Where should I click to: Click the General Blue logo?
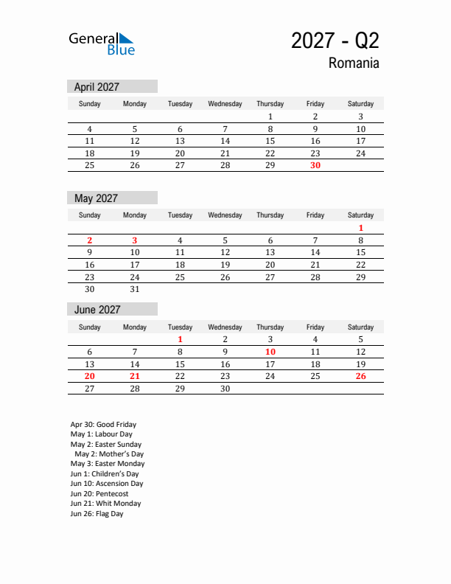102,44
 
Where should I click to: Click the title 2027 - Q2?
335,41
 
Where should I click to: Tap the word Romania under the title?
354,63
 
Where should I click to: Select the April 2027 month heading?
97,87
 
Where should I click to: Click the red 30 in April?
315,166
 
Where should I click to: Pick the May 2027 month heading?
96,198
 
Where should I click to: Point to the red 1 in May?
360,229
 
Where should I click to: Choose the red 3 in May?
135,240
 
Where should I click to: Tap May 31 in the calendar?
135,290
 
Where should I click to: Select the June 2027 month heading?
97,310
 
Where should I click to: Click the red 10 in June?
270,352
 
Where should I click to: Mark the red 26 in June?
360,377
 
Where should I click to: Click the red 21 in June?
135,377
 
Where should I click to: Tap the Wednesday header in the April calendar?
225,104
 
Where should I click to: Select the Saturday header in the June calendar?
360,327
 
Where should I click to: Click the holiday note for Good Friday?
103,425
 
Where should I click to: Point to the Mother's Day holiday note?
109,454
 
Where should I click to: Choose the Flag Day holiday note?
97,514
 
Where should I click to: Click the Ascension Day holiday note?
107,484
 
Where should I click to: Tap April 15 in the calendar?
270,141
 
